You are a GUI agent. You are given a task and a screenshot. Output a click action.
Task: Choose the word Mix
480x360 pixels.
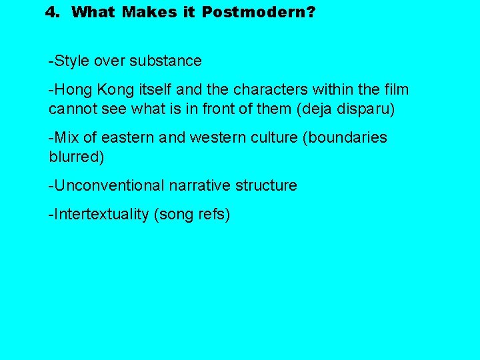67,137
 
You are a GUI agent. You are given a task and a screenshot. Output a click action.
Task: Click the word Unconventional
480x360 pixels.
108,185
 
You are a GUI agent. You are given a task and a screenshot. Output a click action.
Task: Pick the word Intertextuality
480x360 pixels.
99,215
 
